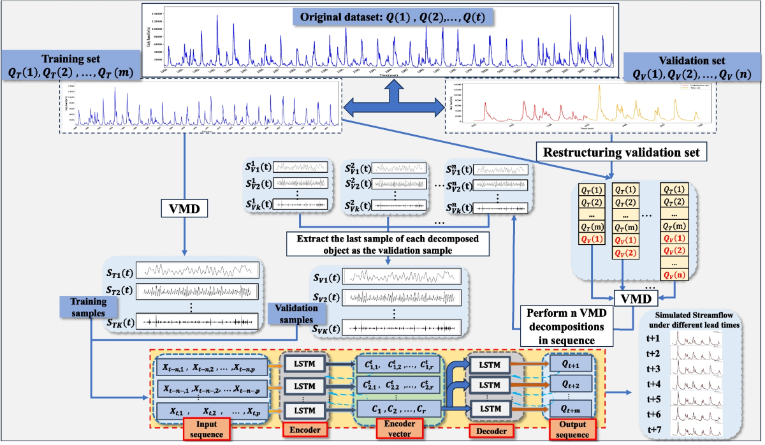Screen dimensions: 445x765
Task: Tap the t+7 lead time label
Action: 655,428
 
